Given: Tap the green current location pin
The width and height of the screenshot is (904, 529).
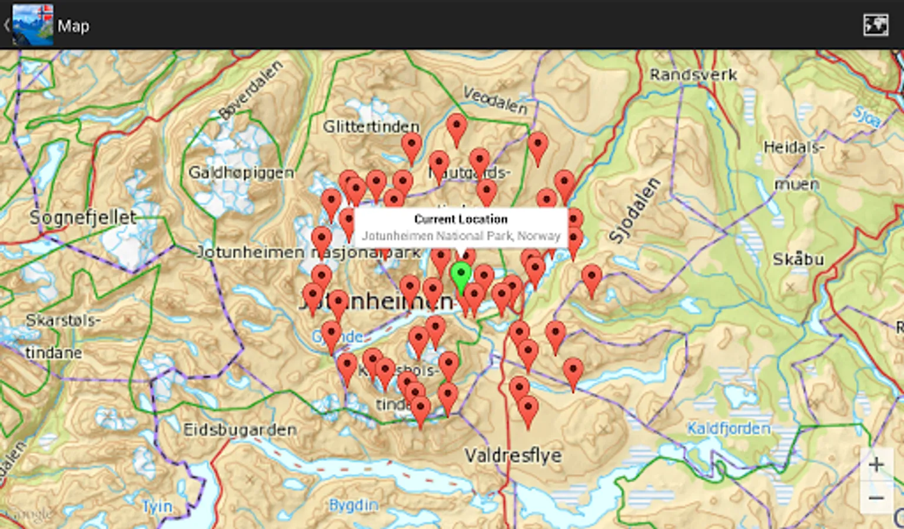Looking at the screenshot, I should (461, 276).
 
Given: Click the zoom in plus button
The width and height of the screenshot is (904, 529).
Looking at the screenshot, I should (876, 465).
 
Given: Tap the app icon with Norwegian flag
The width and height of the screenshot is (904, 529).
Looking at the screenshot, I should (33, 25).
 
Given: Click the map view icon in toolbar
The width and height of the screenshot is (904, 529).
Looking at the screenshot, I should (875, 25).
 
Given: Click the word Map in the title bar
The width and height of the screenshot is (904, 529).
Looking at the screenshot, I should (74, 26).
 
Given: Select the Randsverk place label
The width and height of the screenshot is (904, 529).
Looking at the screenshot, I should (693, 75).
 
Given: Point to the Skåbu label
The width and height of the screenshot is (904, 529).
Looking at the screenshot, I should (798, 259).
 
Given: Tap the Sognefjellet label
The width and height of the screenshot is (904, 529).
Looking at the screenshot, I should (83, 217).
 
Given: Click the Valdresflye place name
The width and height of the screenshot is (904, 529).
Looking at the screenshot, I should (513, 455).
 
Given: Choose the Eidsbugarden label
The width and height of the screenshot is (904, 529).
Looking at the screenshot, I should (240, 430).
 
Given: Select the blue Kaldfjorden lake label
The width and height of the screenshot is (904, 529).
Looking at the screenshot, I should (729, 428).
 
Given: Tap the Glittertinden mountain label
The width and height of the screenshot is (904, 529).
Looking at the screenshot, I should (371, 126).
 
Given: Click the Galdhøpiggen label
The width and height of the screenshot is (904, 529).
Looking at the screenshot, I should (241, 172).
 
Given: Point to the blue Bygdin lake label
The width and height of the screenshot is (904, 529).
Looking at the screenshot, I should (353, 505).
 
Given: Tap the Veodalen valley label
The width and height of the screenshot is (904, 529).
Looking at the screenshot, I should (494, 100).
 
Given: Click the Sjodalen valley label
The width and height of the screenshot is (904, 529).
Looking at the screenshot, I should (634, 211).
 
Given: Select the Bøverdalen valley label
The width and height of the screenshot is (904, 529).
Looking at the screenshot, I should (251, 90).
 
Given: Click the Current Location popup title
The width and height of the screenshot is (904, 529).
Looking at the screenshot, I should (460, 219).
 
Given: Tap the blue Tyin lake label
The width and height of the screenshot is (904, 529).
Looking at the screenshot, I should (158, 506).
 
